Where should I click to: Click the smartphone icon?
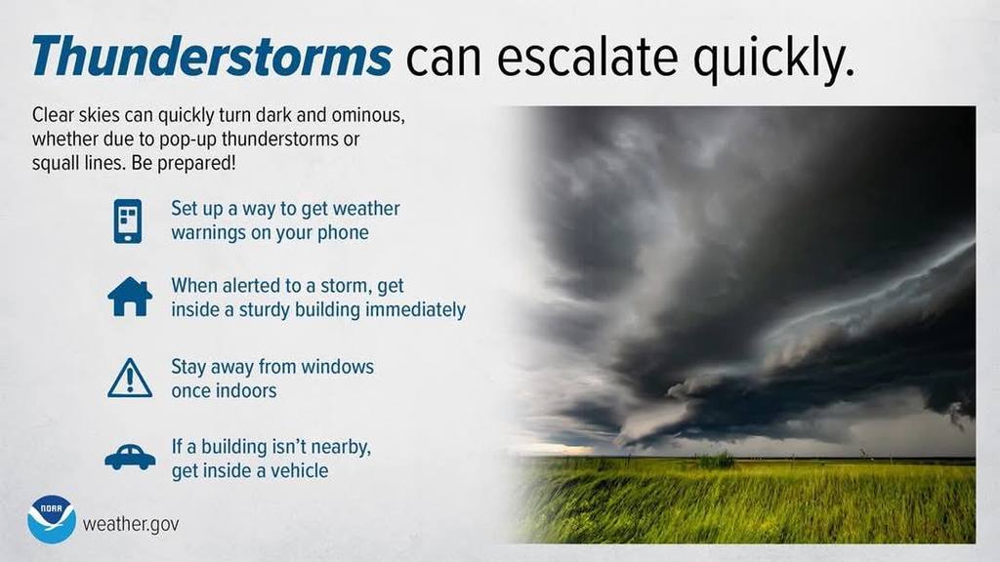click(x=128, y=221)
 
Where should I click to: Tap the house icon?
click(x=130, y=297)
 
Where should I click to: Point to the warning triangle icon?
click(x=130, y=379)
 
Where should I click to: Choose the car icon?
click(x=130, y=457)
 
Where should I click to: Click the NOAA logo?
click(x=52, y=519)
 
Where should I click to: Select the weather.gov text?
click(x=131, y=524)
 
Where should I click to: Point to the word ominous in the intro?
click(x=372, y=115)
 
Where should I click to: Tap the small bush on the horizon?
click(x=718, y=459)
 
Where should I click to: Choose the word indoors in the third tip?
click(x=244, y=390)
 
